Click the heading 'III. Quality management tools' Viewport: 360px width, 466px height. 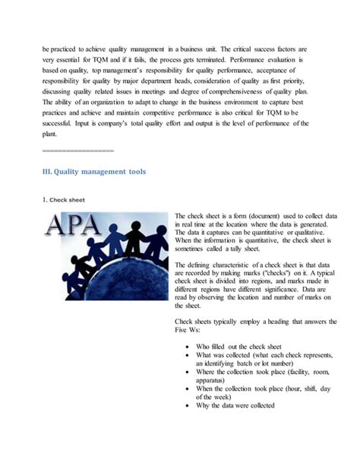(x=94, y=172)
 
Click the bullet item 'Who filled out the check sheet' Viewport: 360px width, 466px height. (x=244, y=345)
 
